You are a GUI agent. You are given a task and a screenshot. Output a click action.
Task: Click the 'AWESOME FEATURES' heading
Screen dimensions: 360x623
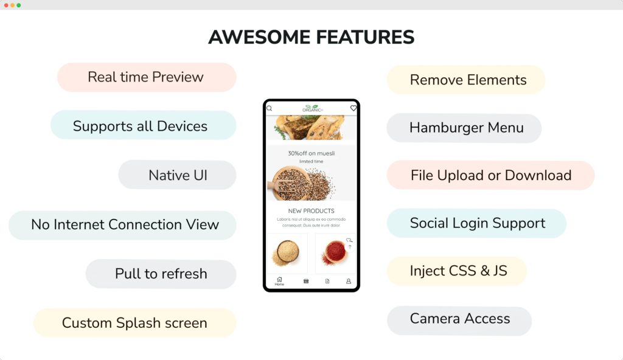coord(311,37)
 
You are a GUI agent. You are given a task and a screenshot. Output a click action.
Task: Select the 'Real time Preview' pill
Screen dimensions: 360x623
coord(146,77)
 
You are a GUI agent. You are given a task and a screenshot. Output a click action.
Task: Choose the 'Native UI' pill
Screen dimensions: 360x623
coord(178,176)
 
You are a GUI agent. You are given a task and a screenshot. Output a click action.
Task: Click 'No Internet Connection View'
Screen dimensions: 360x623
coord(125,224)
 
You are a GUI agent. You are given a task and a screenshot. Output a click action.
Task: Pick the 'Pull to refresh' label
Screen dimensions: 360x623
coord(161,274)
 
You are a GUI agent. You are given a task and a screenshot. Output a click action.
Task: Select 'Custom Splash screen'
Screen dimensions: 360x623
coord(134,323)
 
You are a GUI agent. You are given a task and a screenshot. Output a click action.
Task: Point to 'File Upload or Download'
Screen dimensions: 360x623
coord(490,176)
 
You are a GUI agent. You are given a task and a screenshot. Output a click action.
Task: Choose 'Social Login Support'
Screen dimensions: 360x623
coord(478,223)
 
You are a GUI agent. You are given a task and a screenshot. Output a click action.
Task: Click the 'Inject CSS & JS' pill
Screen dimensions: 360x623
coord(458,271)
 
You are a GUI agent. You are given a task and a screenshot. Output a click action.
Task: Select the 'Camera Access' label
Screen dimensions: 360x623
coord(460,319)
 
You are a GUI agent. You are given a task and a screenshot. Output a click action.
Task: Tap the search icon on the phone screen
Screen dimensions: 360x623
coord(270,108)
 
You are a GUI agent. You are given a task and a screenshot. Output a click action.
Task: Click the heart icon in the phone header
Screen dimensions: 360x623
coord(353,108)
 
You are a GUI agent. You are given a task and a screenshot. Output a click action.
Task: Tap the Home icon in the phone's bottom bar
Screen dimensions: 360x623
coord(279,281)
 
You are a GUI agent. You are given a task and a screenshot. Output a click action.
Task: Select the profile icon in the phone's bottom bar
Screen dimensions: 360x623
coord(349,282)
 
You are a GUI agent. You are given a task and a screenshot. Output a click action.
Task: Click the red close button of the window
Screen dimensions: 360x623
coord(6,5)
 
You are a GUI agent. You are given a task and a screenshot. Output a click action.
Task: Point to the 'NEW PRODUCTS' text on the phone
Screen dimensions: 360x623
coord(311,211)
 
